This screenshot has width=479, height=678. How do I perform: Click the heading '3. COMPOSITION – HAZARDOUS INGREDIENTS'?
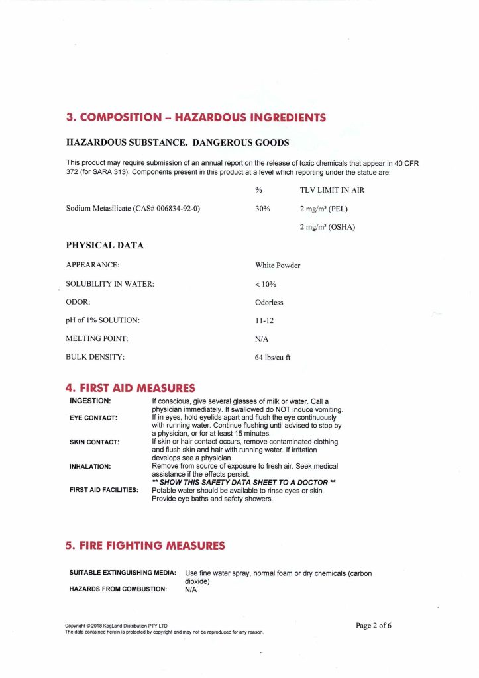click(x=195, y=118)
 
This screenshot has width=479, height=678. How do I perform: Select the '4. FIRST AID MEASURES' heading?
click(x=131, y=388)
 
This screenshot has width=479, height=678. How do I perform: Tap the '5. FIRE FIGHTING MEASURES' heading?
click(x=145, y=546)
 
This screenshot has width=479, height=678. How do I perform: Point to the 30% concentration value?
click(x=262, y=208)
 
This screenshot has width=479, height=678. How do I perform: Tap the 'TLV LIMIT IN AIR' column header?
click(x=332, y=190)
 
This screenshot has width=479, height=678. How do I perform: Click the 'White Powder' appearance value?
click(x=278, y=266)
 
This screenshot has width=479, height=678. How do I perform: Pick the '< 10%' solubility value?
click(x=265, y=284)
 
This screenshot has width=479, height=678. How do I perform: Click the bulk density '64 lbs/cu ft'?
click(x=272, y=357)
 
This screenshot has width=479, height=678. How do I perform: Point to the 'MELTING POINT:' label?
click(x=97, y=338)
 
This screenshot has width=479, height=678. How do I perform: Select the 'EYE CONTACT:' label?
click(x=93, y=418)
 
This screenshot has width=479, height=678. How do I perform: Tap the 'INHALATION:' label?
click(x=90, y=466)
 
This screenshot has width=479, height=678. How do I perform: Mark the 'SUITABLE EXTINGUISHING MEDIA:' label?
click(x=123, y=572)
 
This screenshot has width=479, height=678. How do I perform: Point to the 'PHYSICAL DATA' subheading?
click(x=105, y=246)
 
